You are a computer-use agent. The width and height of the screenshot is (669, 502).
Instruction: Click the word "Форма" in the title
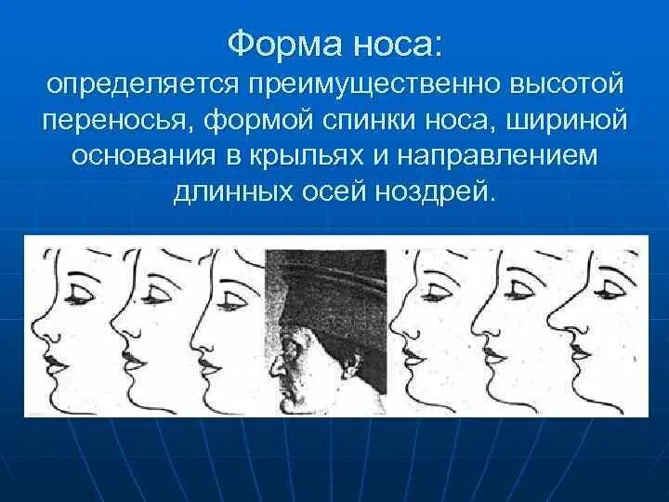click(278, 44)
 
